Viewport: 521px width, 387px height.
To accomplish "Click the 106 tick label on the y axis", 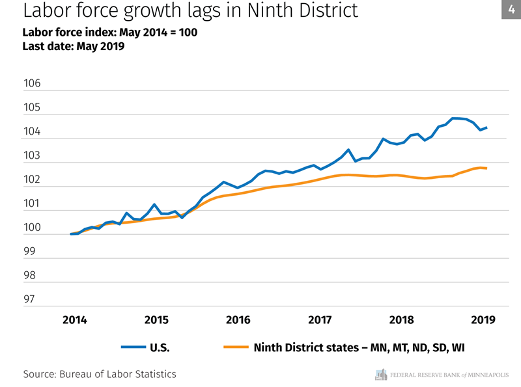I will click(32, 84).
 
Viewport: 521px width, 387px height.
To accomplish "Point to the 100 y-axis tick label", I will click(32, 228).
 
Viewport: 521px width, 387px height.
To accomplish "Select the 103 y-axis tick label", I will click(32, 156).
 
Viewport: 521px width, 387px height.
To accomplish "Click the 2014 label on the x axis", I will click(74, 320).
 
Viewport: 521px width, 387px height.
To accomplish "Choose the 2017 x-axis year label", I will click(320, 320).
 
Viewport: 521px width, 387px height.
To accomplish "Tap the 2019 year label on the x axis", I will click(483, 320).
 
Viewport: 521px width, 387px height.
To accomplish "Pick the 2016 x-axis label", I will click(238, 320).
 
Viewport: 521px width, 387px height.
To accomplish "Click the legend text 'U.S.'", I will click(160, 347).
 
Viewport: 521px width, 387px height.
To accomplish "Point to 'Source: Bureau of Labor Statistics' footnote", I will click(99, 374).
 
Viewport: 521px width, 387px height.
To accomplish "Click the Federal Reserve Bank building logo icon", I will click(381, 375).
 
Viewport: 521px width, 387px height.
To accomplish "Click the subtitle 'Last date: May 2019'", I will click(73, 46).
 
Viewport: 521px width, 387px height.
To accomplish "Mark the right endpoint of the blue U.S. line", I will click(486, 127).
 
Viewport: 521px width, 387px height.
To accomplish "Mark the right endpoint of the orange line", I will click(486, 168).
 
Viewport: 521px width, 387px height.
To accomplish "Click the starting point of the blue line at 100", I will click(71, 234).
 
